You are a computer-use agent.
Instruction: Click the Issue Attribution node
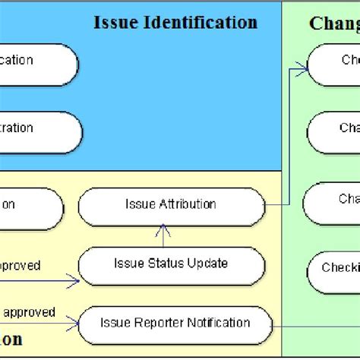[x=171, y=205]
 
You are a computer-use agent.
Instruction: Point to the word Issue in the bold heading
[x=115, y=23]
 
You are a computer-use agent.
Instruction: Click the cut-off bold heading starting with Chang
[x=334, y=24]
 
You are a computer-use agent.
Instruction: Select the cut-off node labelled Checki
[x=334, y=269]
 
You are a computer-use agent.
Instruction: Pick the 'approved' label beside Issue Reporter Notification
[x=30, y=312]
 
